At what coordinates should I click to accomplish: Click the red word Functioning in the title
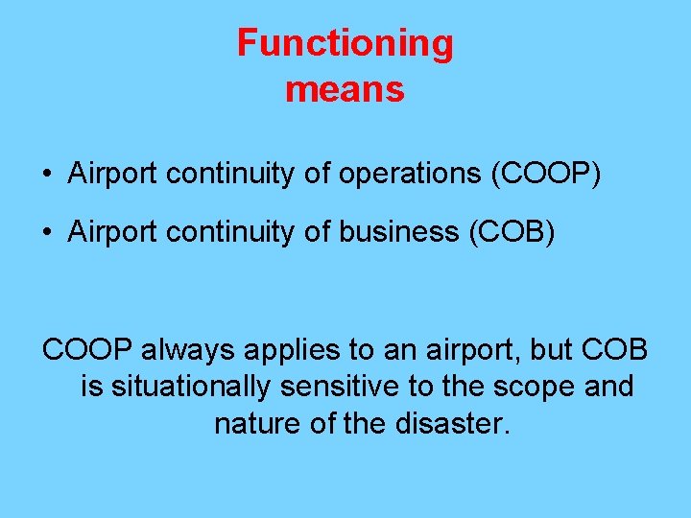click(x=345, y=44)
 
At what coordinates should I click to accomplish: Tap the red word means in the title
click(x=345, y=90)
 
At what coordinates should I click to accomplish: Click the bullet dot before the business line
click(x=46, y=233)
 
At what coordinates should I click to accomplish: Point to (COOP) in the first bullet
click(x=544, y=175)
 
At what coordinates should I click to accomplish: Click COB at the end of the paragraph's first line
click(x=614, y=350)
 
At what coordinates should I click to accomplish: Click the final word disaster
click(x=451, y=423)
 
